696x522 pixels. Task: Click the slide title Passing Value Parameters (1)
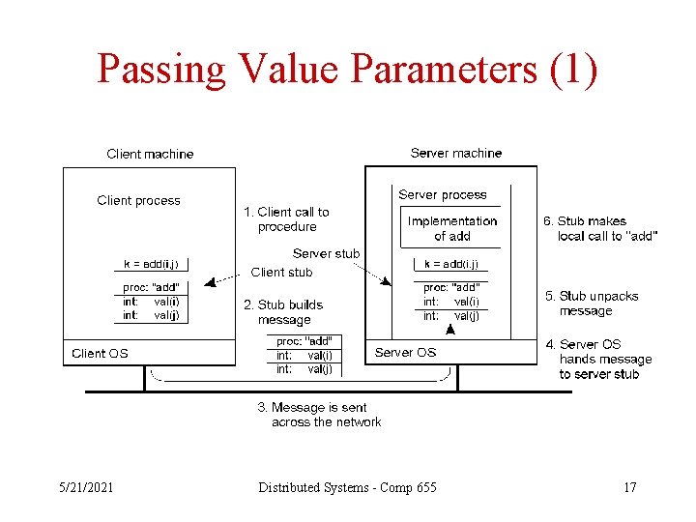(347, 70)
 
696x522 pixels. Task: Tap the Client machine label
(150, 154)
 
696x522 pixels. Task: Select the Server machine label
(456, 153)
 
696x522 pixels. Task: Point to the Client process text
(138, 201)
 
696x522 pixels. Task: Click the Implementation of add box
(452, 228)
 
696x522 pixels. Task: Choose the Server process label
(443, 195)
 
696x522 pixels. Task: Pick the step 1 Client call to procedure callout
(286, 219)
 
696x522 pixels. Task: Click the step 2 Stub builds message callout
(283, 312)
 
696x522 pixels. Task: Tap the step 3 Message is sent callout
(319, 415)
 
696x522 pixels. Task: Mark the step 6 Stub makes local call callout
(599, 228)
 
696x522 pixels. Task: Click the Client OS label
(100, 354)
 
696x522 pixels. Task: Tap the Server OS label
(406, 353)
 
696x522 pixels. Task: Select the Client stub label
(281, 273)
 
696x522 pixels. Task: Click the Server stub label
(326, 254)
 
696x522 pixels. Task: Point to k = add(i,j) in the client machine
(151, 264)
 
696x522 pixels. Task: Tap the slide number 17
(630, 487)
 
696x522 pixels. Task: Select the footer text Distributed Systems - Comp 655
(347, 487)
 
